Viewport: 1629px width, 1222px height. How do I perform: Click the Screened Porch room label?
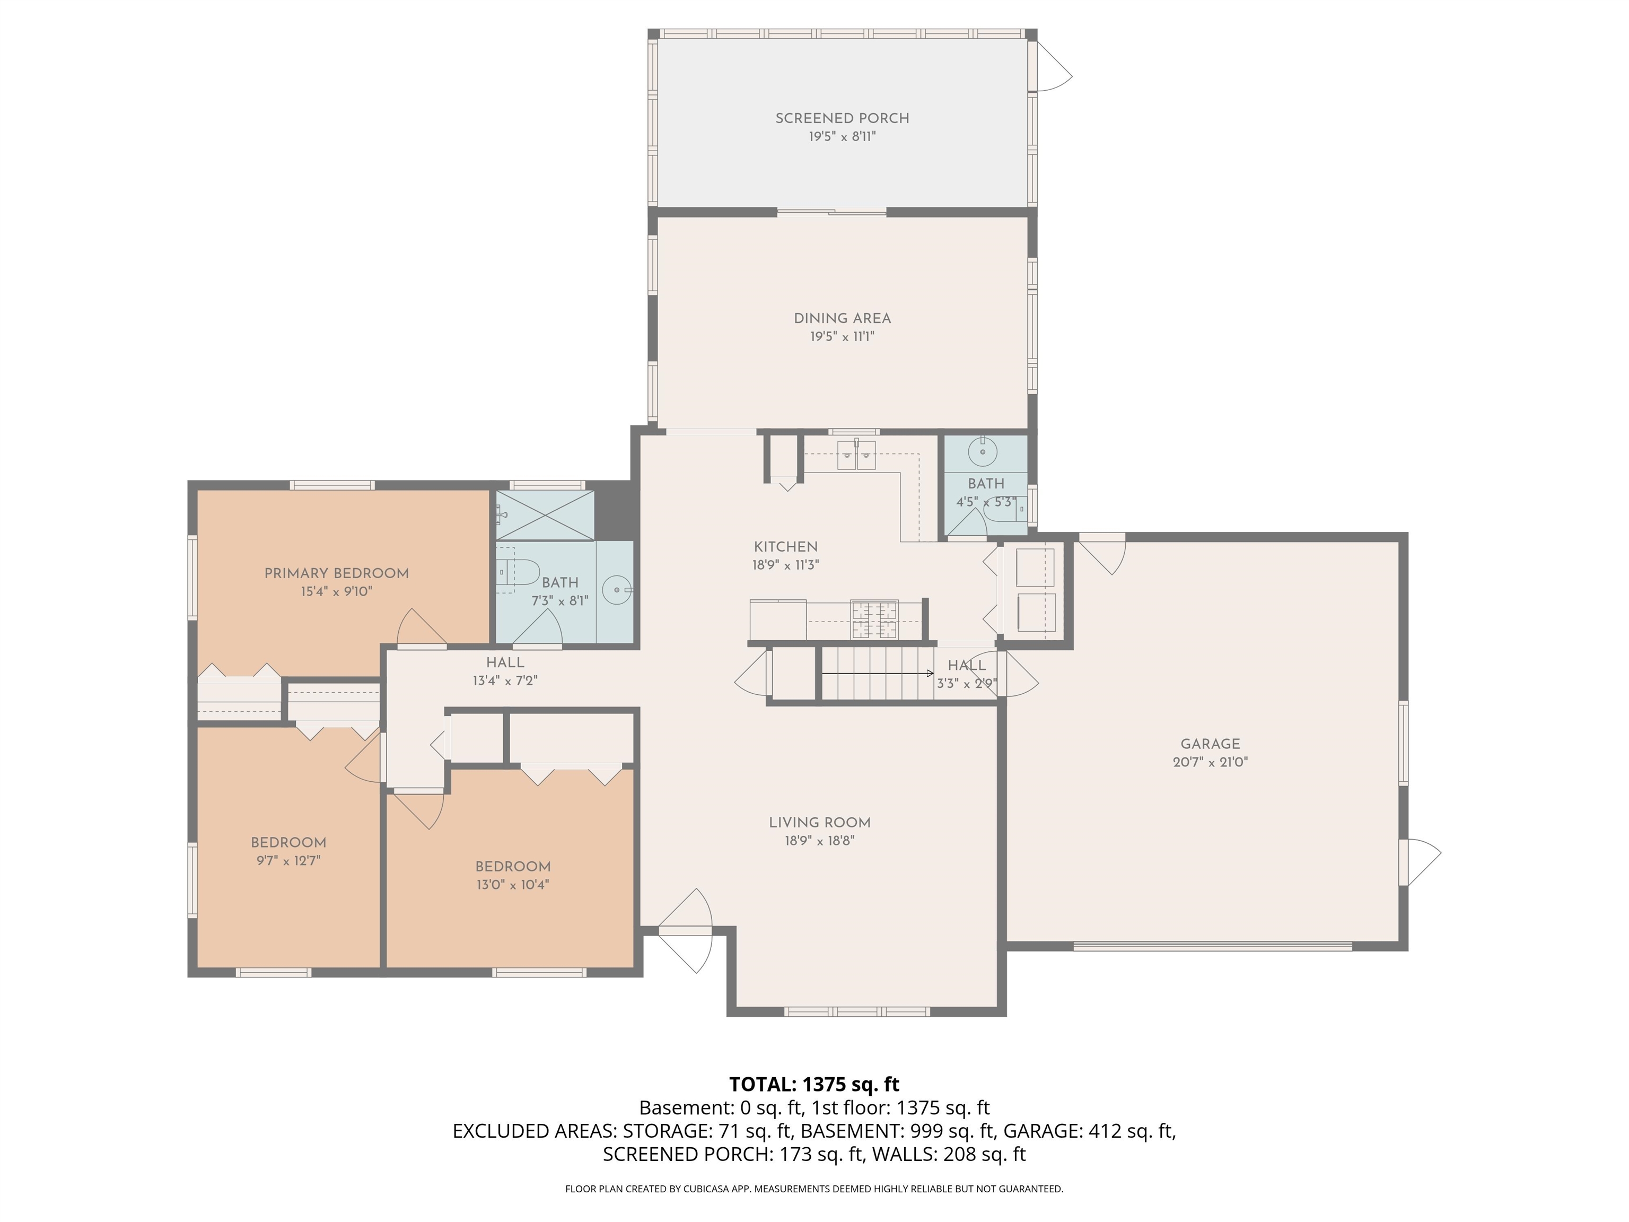point(842,118)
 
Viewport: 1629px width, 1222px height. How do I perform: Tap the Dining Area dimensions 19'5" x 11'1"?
point(842,337)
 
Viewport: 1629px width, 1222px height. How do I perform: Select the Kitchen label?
point(786,546)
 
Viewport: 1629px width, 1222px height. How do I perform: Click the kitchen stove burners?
point(874,619)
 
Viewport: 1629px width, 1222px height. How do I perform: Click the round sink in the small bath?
point(983,451)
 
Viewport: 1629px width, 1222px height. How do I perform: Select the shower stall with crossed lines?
point(545,515)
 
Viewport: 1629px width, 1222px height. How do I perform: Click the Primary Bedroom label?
point(337,573)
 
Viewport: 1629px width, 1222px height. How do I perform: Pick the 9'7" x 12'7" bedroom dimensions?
point(288,860)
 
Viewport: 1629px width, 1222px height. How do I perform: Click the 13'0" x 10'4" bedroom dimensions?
point(513,885)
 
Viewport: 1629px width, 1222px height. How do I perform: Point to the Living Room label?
point(820,823)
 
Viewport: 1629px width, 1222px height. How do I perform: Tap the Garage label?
point(1210,744)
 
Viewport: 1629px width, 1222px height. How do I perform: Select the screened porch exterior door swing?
point(1053,66)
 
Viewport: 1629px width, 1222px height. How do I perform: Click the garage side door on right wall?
point(1421,862)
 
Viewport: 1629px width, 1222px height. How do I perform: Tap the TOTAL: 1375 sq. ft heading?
point(814,1084)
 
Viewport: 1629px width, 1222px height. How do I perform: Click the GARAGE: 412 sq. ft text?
point(1089,1131)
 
